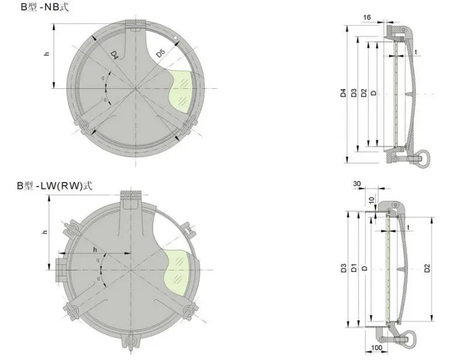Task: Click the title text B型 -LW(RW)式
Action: tap(54, 186)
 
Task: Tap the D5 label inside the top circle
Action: tap(160, 54)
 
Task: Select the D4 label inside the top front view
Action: tap(115, 54)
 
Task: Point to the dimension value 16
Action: tap(367, 18)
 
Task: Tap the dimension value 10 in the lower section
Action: tap(371, 200)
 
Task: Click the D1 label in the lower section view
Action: tap(354, 268)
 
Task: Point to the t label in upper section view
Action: tap(415, 52)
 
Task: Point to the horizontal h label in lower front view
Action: tap(95, 250)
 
